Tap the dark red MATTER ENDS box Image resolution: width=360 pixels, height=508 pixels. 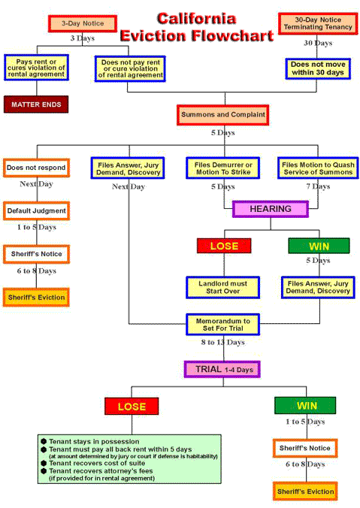(35, 103)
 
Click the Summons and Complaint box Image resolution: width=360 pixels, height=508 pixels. (222, 116)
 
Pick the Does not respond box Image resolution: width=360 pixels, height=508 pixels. (35, 167)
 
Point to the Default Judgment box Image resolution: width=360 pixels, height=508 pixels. (35, 211)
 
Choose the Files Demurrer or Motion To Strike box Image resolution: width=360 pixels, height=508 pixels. (222, 167)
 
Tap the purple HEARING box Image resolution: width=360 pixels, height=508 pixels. (270, 209)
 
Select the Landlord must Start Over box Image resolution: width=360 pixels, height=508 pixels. (222, 286)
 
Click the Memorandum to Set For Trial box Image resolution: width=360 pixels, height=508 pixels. (222, 324)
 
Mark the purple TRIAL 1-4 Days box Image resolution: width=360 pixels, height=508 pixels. (222, 369)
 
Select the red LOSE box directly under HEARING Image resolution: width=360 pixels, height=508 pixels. (223, 245)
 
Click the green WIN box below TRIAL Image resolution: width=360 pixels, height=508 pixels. (305, 406)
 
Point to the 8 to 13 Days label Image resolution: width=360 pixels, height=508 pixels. (222, 343)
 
